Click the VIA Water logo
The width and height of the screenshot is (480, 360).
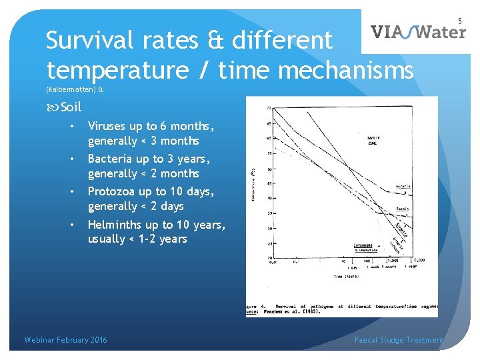[418, 32]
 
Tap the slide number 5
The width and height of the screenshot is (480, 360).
[460, 21]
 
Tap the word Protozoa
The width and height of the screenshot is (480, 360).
[111, 191]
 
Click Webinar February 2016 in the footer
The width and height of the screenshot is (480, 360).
[65, 340]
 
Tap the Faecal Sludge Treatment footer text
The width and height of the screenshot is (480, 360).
[399, 340]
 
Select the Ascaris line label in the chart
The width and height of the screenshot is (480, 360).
[403, 186]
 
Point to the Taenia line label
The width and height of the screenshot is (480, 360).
[402, 209]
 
